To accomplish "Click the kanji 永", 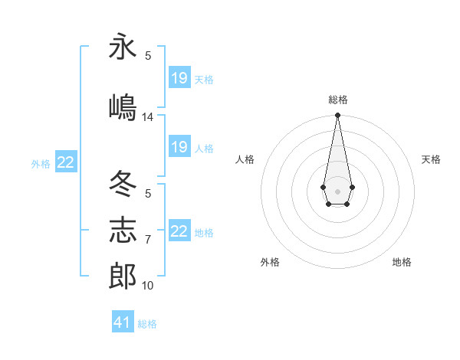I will [123, 47].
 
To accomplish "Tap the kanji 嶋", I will [123, 106].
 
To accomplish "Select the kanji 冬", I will [123, 185].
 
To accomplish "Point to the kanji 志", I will [123, 231].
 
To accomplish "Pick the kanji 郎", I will [123, 276].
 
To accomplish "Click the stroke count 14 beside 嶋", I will [148, 117].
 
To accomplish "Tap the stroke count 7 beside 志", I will [148, 240].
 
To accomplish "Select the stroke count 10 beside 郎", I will [148, 286].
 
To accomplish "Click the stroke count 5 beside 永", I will [148, 56].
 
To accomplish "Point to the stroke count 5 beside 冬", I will [148, 194].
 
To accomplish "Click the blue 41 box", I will [123, 322].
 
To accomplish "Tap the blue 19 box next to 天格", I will [179, 78].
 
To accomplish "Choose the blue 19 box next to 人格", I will [179, 147].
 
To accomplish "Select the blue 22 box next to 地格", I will [179, 231].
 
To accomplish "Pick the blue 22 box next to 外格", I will [66, 162].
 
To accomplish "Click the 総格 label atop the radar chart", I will [338, 100].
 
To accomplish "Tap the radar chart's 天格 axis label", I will [432, 159].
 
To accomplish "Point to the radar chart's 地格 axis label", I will [402, 262].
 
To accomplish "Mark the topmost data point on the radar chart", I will [337, 116].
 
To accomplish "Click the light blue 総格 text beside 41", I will [147, 324].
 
